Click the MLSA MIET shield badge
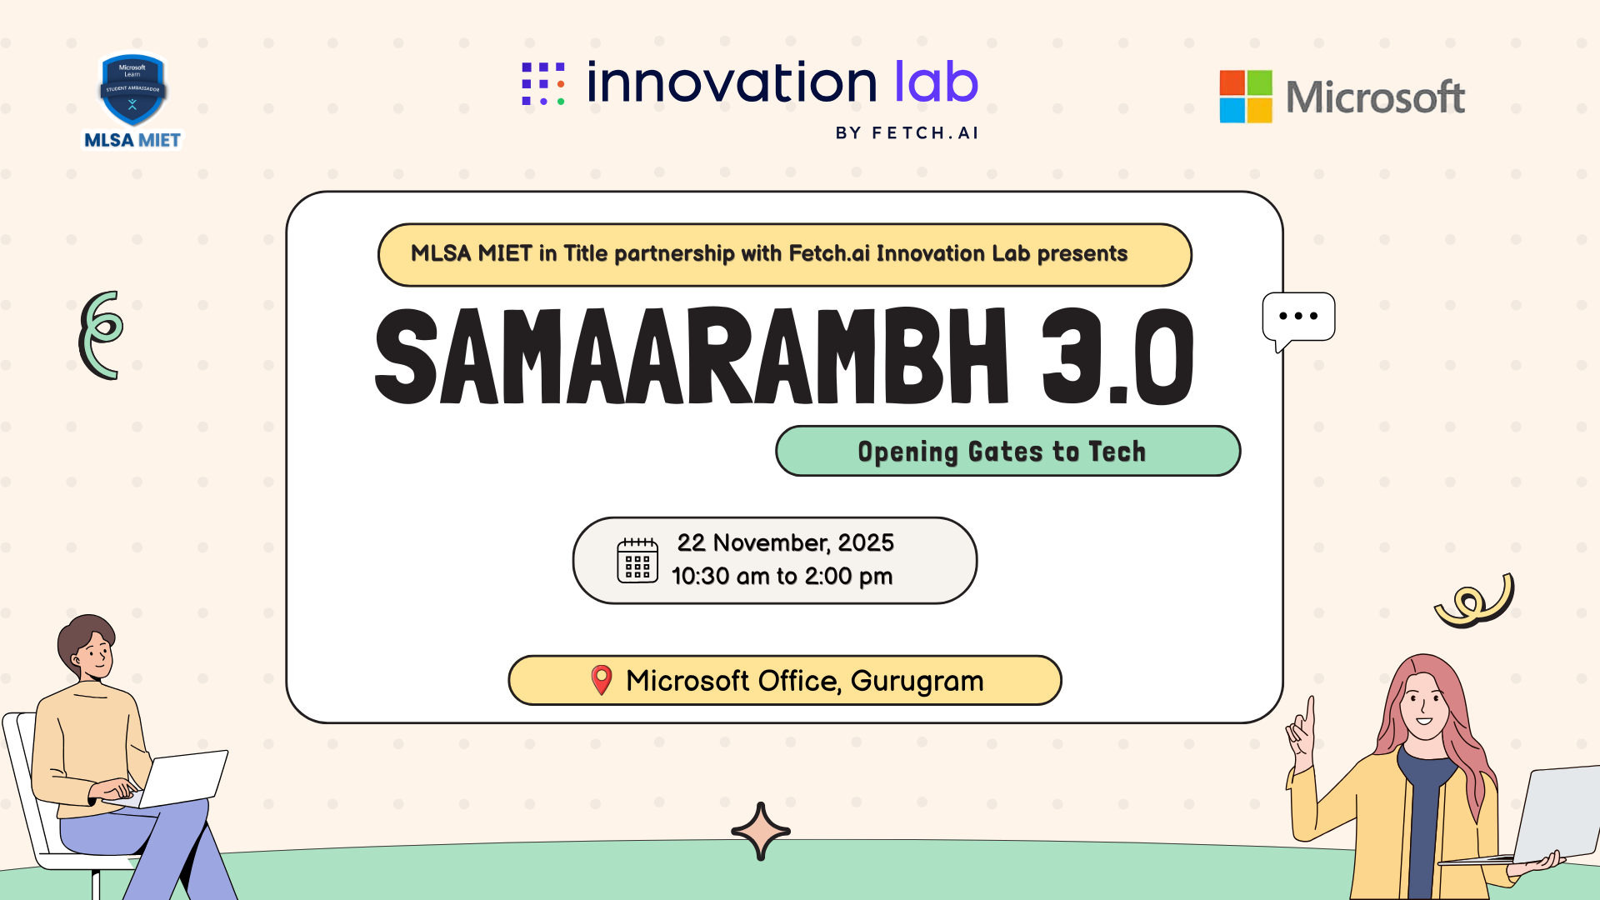click(132, 90)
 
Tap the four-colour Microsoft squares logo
click(1246, 97)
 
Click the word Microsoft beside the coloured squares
click(1375, 97)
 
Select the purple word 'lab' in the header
click(936, 82)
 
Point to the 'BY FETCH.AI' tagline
click(907, 133)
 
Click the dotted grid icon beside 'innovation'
click(543, 83)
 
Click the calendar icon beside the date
click(637, 560)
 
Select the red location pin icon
click(602, 680)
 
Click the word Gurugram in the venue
click(917, 682)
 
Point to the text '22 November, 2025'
click(785, 542)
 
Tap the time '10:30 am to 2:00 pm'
click(782, 576)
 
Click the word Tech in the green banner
click(1117, 452)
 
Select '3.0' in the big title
click(1117, 356)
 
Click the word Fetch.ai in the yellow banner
click(829, 253)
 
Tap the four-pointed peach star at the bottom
click(761, 831)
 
